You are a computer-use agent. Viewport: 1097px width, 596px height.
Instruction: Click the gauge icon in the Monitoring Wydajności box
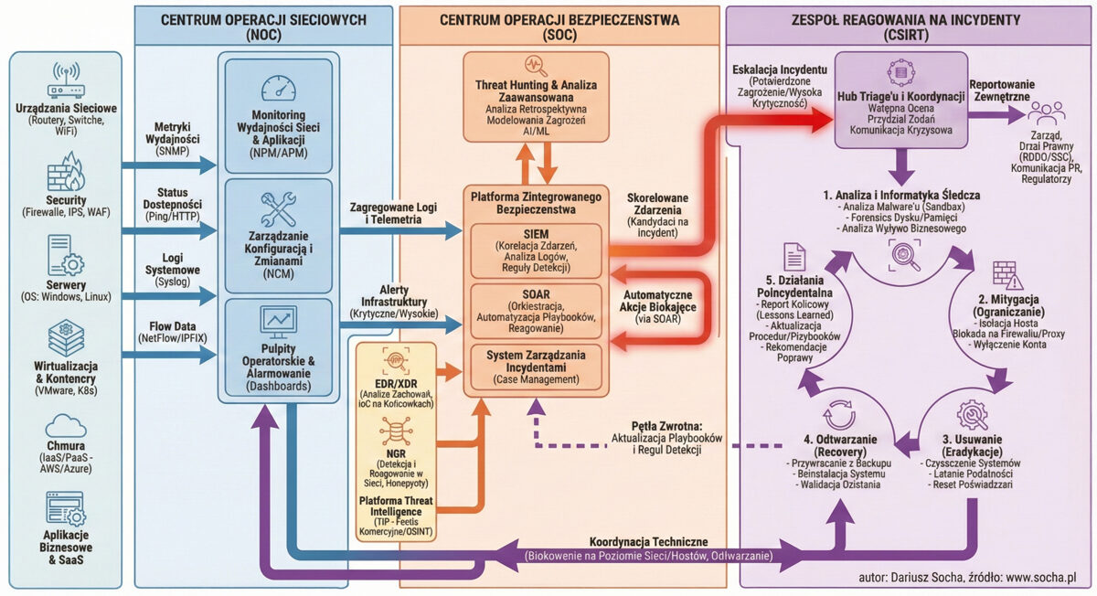pos(278,89)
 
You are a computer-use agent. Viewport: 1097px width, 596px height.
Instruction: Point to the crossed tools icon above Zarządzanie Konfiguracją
pos(278,209)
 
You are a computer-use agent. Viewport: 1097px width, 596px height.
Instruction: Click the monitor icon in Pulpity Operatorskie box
pos(278,320)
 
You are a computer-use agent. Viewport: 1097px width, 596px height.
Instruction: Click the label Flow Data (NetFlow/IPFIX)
pos(173,330)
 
